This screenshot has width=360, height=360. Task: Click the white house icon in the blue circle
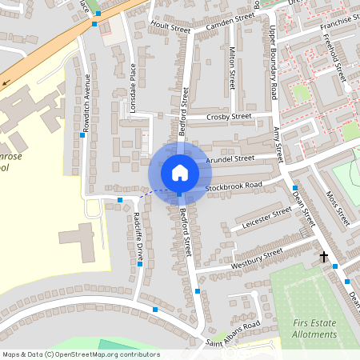point(179,172)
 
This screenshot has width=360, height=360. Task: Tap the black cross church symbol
point(324,257)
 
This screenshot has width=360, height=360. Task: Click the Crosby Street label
point(229,117)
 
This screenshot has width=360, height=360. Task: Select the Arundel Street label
point(230,159)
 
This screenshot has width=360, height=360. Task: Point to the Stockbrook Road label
point(234,186)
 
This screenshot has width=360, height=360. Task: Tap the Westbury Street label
point(257,257)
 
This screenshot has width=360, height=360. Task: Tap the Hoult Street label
point(170,27)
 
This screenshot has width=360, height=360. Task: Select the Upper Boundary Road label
point(273,62)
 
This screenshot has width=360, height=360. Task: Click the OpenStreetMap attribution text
point(81,354)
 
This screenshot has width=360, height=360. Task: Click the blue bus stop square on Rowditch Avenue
point(82,136)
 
